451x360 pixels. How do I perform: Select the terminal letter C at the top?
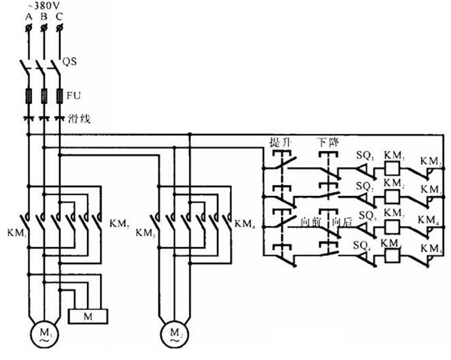60,18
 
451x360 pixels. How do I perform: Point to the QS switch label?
71,61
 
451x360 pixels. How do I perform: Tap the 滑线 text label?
80,118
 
